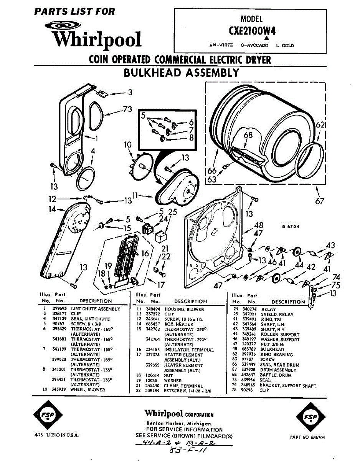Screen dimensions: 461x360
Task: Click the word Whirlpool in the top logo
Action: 97,39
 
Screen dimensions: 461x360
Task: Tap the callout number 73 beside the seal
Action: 127,109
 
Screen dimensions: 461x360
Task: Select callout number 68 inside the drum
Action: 248,135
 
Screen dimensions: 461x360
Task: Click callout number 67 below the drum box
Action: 320,201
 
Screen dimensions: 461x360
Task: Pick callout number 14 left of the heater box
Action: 52,209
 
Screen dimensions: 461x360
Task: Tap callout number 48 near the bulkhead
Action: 259,225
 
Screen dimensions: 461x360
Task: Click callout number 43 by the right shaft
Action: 330,245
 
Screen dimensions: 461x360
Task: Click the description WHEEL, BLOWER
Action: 88,390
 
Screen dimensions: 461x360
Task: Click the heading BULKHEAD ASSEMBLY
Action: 181,72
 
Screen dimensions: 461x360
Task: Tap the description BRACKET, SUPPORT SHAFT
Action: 288,385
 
